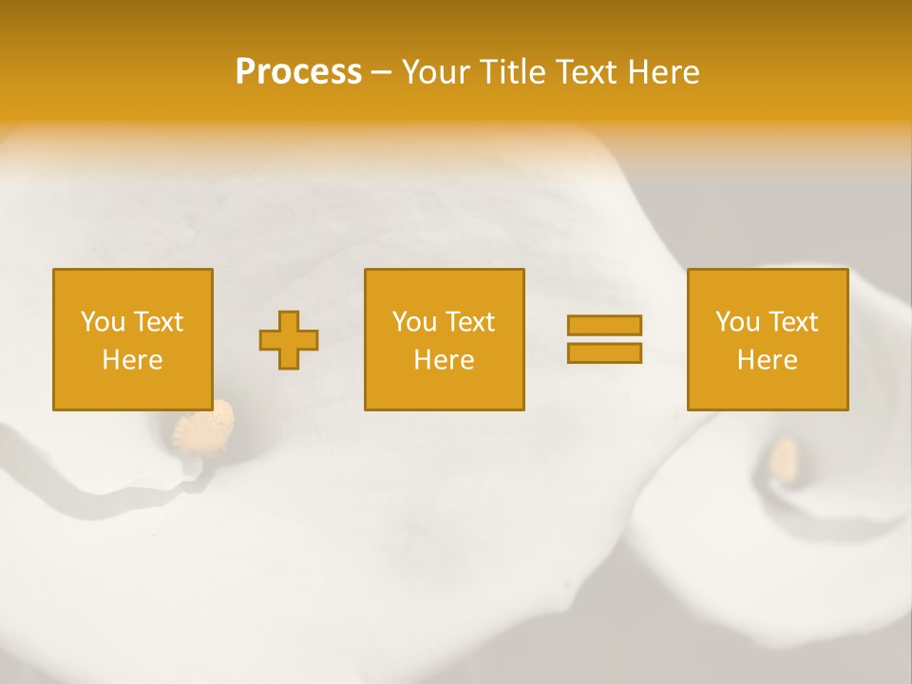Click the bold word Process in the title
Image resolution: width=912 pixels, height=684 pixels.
(x=298, y=72)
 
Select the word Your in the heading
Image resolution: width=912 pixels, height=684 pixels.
(x=436, y=72)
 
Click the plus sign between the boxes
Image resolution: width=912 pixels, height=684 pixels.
(x=289, y=340)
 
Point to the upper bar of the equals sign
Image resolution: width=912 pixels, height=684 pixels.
(x=604, y=326)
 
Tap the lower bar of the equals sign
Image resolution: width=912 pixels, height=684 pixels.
(x=604, y=353)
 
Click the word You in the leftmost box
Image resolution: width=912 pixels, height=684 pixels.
(x=104, y=322)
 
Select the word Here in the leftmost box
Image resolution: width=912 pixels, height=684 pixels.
(x=132, y=360)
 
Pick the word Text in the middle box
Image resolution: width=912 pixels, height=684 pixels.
(x=470, y=322)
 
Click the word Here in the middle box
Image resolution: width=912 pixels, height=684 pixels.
(x=444, y=360)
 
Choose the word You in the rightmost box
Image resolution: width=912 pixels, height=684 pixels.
(x=738, y=322)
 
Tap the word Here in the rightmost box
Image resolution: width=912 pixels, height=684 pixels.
(x=767, y=360)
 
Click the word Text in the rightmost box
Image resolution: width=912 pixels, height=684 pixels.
(x=793, y=322)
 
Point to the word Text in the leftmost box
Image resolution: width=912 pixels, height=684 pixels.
(x=159, y=322)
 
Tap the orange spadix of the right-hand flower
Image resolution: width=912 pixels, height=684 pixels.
(x=785, y=458)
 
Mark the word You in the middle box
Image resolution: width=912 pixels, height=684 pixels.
(x=415, y=322)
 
